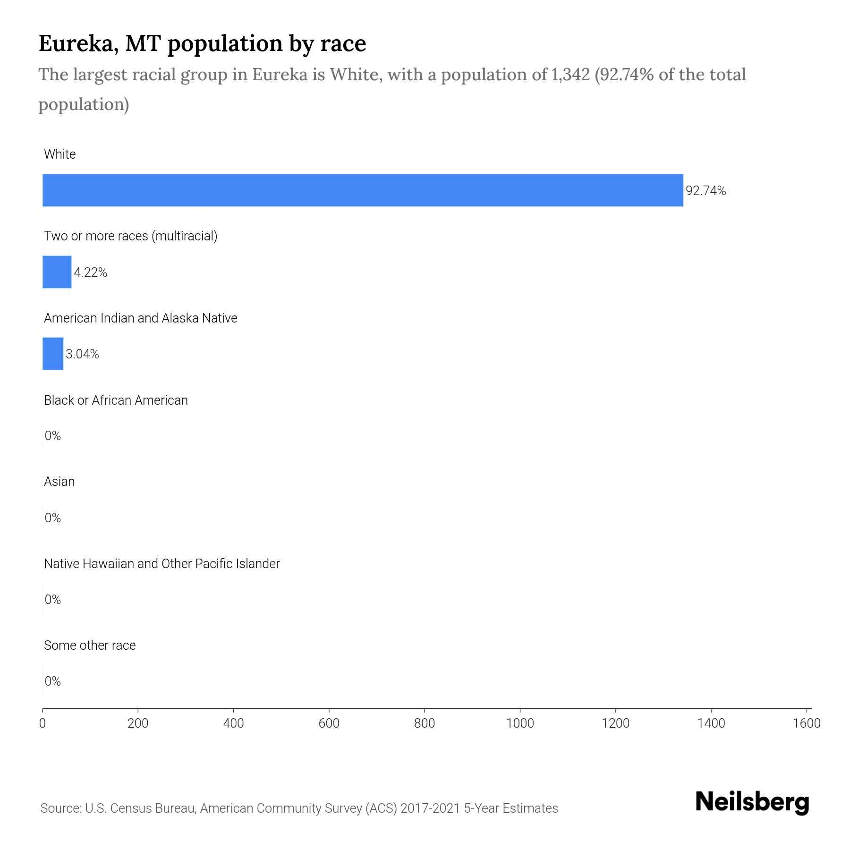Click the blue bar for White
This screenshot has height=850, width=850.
coord(363,190)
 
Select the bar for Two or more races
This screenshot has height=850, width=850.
coord(57,272)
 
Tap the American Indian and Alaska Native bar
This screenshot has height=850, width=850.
coord(53,354)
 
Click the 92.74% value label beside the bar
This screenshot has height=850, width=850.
coord(705,191)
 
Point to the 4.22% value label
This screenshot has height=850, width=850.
coord(90,272)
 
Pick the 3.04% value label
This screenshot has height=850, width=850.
coord(82,354)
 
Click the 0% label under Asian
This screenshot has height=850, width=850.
coord(52,518)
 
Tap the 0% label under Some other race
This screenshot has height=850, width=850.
coord(52,681)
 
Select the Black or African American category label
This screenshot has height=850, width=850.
coord(116,400)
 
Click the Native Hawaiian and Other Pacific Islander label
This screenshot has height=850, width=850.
coord(161,564)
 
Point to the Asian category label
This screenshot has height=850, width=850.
coord(59,482)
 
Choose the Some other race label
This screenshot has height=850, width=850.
coord(90,646)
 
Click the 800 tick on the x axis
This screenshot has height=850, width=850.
coord(424,723)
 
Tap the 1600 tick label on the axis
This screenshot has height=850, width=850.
coord(807,723)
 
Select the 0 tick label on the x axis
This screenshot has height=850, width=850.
coord(42,723)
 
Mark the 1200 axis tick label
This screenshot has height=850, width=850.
coord(615,723)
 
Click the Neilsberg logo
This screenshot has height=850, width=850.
coord(752,802)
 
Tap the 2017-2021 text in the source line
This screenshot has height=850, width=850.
coord(430,808)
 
